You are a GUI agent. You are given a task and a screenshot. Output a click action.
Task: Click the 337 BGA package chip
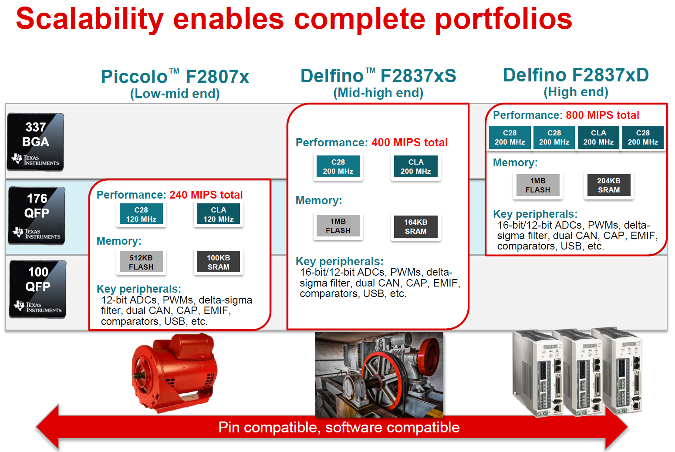(x=35, y=142)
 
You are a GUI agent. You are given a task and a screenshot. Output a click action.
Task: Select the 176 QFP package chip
(x=37, y=216)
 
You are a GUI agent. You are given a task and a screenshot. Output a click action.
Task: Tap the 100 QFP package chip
(x=37, y=289)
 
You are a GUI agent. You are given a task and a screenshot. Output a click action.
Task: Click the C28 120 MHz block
(x=141, y=214)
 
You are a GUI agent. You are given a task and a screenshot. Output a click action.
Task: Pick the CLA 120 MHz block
(x=219, y=214)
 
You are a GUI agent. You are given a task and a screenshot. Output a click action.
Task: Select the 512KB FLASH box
(x=141, y=262)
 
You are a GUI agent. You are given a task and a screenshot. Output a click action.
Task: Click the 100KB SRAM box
(x=219, y=262)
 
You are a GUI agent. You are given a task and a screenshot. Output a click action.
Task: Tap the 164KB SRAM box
(x=415, y=226)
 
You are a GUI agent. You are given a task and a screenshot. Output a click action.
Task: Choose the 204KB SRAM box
(x=609, y=185)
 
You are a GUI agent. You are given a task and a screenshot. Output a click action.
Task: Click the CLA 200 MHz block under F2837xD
(x=598, y=138)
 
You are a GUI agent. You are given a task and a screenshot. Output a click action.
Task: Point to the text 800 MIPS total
(x=602, y=115)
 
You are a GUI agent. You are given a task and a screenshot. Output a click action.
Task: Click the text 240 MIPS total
(x=206, y=195)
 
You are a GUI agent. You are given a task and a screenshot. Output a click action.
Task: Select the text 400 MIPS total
(x=409, y=142)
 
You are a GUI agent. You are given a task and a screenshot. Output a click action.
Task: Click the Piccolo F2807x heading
(x=175, y=77)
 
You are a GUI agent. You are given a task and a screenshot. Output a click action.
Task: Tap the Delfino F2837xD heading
(x=576, y=75)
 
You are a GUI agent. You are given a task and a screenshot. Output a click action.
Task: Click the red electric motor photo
(x=174, y=373)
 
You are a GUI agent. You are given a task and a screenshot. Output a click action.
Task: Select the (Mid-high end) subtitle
(x=378, y=93)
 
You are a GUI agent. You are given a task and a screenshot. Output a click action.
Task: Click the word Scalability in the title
(x=90, y=19)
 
